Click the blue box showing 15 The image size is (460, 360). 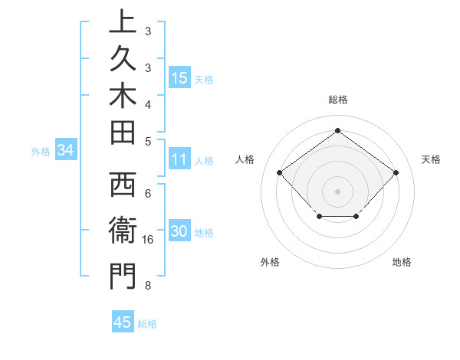click(x=179, y=78)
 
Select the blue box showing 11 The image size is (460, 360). click(x=179, y=160)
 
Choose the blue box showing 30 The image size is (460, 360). click(x=179, y=232)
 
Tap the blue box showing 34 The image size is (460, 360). click(x=66, y=151)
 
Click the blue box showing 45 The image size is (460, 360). click(x=123, y=322)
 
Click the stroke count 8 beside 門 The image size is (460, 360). click(x=147, y=286)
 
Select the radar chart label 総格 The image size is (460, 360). click(x=337, y=100)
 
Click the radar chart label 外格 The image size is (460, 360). click(x=270, y=262)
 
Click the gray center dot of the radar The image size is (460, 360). click(x=337, y=191)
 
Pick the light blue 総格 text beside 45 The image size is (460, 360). click(x=147, y=324)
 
